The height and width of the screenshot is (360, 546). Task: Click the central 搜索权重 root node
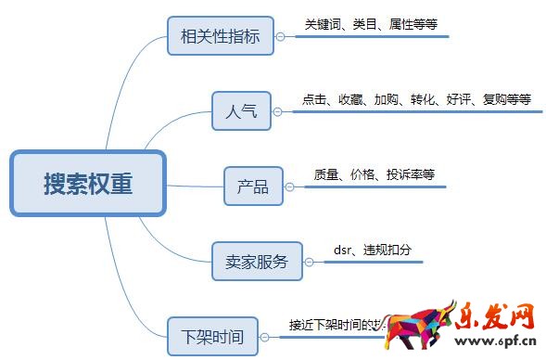tap(88, 184)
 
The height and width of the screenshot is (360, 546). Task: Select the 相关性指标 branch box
tap(222, 37)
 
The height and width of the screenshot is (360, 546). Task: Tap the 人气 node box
tap(240, 112)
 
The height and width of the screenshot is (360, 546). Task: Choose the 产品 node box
tap(252, 186)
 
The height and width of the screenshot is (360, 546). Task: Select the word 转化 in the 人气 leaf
tap(423, 99)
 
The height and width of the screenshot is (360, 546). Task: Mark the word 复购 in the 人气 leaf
tap(494, 99)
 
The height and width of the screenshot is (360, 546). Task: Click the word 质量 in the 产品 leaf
tap(326, 174)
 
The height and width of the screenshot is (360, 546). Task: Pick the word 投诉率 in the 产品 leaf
tap(400, 174)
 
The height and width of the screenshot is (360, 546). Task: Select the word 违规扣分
tap(387, 250)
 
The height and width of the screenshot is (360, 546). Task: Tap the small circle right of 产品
tap(289, 186)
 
